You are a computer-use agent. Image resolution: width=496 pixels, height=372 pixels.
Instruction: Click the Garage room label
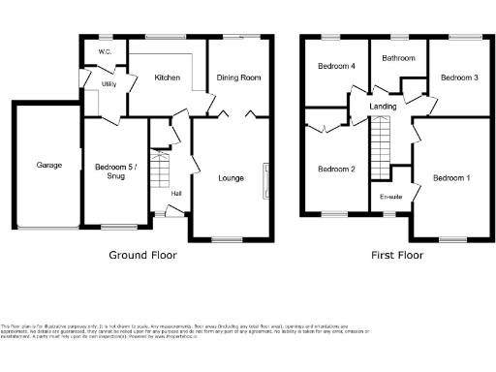(x=49, y=165)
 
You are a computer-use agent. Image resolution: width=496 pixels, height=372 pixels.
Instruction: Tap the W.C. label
(x=106, y=51)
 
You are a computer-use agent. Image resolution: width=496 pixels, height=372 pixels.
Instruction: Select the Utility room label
(x=108, y=84)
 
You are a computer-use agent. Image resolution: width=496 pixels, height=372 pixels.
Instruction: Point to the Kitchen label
(x=167, y=77)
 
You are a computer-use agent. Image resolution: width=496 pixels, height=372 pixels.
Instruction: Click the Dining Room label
(x=238, y=77)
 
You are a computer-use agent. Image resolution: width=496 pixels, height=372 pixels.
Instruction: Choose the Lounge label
(x=231, y=177)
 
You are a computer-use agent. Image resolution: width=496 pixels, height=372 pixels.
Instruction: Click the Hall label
(x=176, y=193)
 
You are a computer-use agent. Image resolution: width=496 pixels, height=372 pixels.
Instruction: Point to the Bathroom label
(x=398, y=58)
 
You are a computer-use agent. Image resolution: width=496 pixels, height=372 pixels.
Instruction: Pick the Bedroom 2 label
(x=336, y=169)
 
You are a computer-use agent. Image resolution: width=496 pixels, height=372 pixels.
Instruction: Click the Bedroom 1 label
(x=451, y=177)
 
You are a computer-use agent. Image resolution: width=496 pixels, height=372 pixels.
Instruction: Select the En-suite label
(x=390, y=197)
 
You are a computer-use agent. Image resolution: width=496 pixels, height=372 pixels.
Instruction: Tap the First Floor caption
(x=397, y=256)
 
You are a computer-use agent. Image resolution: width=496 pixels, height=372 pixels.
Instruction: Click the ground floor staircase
(x=161, y=170)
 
